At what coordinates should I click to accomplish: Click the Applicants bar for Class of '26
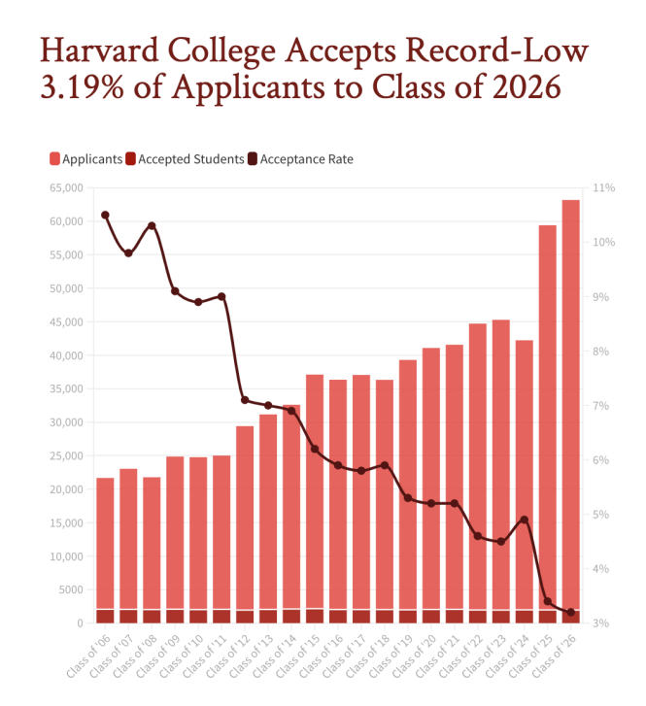click(570, 388)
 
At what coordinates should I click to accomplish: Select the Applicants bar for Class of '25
click(547, 408)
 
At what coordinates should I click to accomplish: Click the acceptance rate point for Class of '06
click(105, 215)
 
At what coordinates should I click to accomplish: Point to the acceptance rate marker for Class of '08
click(152, 225)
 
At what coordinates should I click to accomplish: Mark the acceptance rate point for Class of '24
click(525, 520)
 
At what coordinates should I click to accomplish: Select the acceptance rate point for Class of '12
click(245, 400)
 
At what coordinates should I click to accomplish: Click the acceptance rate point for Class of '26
click(571, 612)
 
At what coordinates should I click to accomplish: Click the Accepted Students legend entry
click(189, 159)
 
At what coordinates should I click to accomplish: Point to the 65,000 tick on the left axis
click(66, 188)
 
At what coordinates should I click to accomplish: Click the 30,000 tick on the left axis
click(66, 422)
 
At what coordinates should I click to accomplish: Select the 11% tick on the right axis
click(604, 188)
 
